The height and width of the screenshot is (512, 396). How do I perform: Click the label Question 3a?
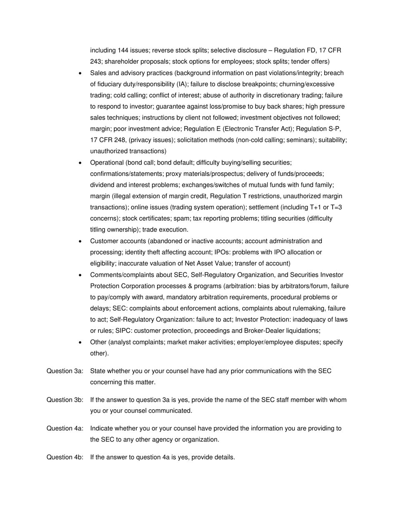coord(65,371)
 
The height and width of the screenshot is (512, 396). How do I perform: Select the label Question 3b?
coord(65,400)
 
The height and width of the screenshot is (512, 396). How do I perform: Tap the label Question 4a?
coord(65,428)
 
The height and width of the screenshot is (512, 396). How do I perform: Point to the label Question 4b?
coord(65,457)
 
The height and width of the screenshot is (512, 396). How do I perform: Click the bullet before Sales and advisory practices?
coord(80,73)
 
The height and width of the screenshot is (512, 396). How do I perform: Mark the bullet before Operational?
coord(80,163)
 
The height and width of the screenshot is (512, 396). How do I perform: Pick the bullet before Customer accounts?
coord(80,241)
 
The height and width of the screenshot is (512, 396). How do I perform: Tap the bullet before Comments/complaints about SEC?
coord(80,275)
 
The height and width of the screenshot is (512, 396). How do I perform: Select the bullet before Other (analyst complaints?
coord(80,343)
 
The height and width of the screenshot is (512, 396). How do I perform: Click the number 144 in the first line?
coord(123,50)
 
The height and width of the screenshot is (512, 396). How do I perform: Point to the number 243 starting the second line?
coord(95,62)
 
